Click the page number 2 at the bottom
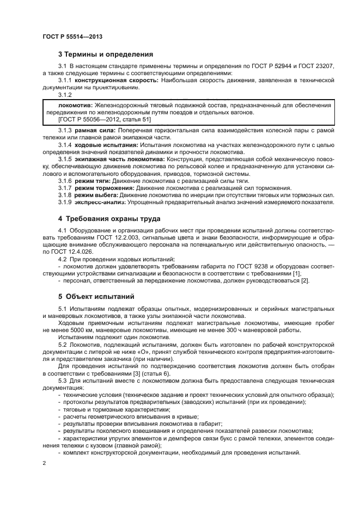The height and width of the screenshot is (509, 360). (x=44, y=463)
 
